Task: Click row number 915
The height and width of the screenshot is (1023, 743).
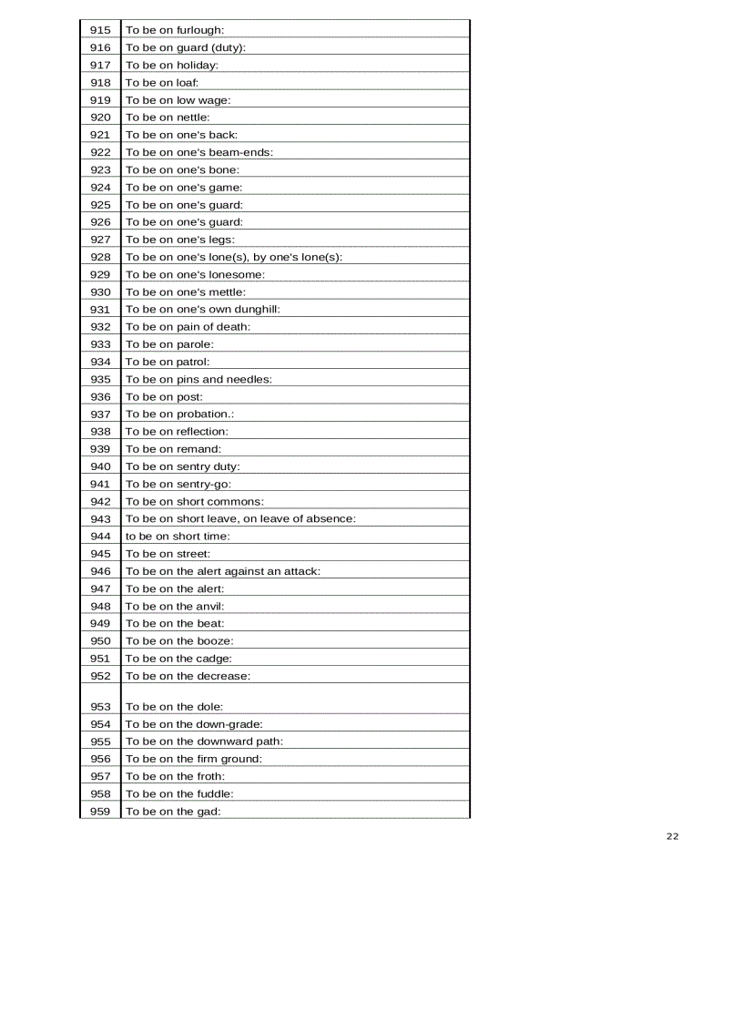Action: [x=100, y=30]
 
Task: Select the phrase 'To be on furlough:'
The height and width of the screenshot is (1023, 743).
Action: [x=175, y=30]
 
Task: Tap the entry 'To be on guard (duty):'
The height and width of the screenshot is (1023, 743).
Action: [x=186, y=47]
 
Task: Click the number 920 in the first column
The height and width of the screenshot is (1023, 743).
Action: [x=100, y=118]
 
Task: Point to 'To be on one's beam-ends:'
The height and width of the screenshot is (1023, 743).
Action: [x=199, y=152]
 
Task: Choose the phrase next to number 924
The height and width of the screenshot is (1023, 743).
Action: [x=184, y=188]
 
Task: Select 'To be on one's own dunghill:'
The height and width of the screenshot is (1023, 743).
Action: [x=203, y=310]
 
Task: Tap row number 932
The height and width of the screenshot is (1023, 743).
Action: [x=100, y=327]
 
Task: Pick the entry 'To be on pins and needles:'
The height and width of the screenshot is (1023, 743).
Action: [x=198, y=379]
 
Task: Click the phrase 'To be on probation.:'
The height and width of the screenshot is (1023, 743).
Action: [x=180, y=414]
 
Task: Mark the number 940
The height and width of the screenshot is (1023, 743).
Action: [x=100, y=466]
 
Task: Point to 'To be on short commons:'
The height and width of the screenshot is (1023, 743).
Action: [x=195, y=502]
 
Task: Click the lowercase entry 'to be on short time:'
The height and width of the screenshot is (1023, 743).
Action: [x=178, y=537]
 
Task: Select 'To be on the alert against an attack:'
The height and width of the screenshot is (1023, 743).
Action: [x=223, y=571]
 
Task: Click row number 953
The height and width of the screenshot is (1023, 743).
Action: [x=100, y=706]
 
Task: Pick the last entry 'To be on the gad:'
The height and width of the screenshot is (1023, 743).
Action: [x=174, y=811]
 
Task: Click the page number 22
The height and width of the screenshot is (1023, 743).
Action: [x=672, y=836]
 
